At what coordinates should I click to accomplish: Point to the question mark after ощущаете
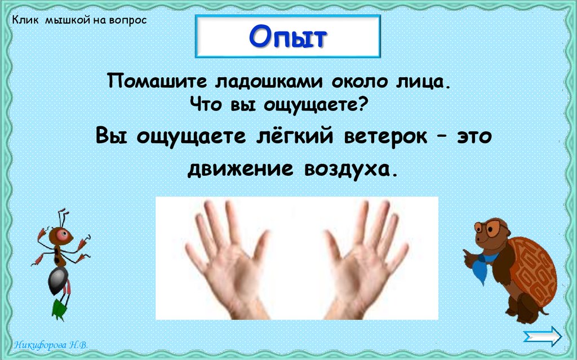(x=363, y=104)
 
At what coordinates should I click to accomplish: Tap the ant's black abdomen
(x=58, y=280)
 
